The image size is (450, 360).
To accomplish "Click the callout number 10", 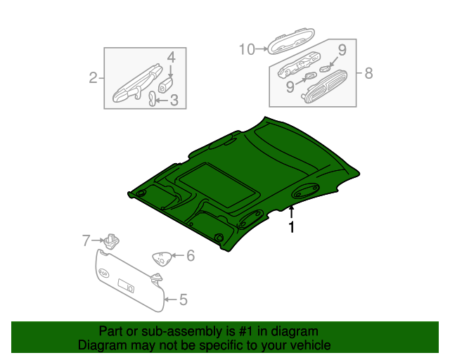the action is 247,49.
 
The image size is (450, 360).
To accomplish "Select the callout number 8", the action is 368,73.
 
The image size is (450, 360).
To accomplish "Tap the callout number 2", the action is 93,78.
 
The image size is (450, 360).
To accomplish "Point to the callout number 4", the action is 171,58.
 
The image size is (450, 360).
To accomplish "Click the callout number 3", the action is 174,100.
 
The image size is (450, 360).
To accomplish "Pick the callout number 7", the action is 86,240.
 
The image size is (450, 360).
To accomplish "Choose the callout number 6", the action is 191,255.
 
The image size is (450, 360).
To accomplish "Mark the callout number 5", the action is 183,300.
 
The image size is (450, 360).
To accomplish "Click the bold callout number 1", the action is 292,227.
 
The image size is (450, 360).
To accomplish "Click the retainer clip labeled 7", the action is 111,241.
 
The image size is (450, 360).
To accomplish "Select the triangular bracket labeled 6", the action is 162,259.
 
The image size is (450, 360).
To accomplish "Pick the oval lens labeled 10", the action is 290,42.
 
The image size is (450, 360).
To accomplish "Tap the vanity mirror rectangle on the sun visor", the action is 126,286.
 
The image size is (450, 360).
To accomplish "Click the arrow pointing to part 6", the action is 178,255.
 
